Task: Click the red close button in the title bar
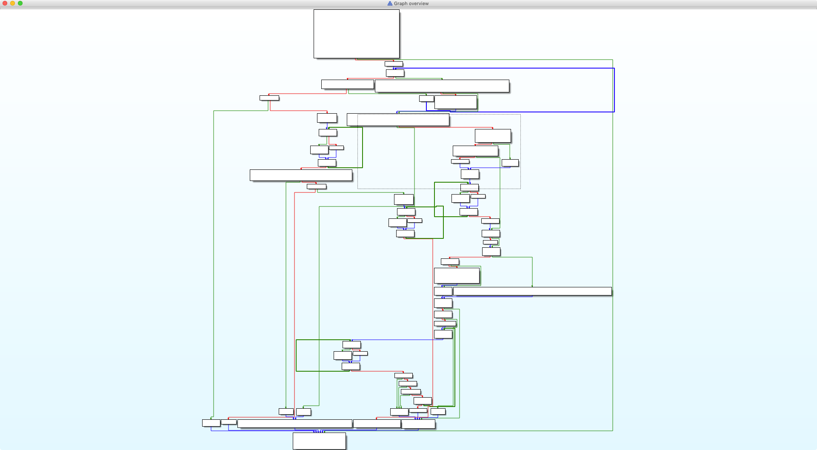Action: click(x=5, y=3)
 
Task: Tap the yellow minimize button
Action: click(x=13, y=3)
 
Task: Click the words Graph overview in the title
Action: click(x=411, y=3)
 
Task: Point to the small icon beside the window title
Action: click(x=390, y=3)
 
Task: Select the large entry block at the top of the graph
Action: click(x=356, y=34)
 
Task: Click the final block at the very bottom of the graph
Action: click(x=319, y=441)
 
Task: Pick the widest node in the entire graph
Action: click(x=532, y=291)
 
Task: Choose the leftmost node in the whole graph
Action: click(x=211, y=423)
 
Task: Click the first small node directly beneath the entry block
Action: click(x=394, y=64)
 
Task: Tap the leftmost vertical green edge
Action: click(x=214, y=255)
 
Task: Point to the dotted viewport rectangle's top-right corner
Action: click(x=520, y=114)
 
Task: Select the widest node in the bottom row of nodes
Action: click(x=294, y=424)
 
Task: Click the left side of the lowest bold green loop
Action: click(x=296, y=355)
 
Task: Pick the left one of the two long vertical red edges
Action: click(x=294, y=298)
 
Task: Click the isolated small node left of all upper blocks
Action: click(x=269, y=98)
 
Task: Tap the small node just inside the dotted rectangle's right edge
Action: click(x=510, y=163)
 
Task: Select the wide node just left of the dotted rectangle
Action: click(x=301, y=175)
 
